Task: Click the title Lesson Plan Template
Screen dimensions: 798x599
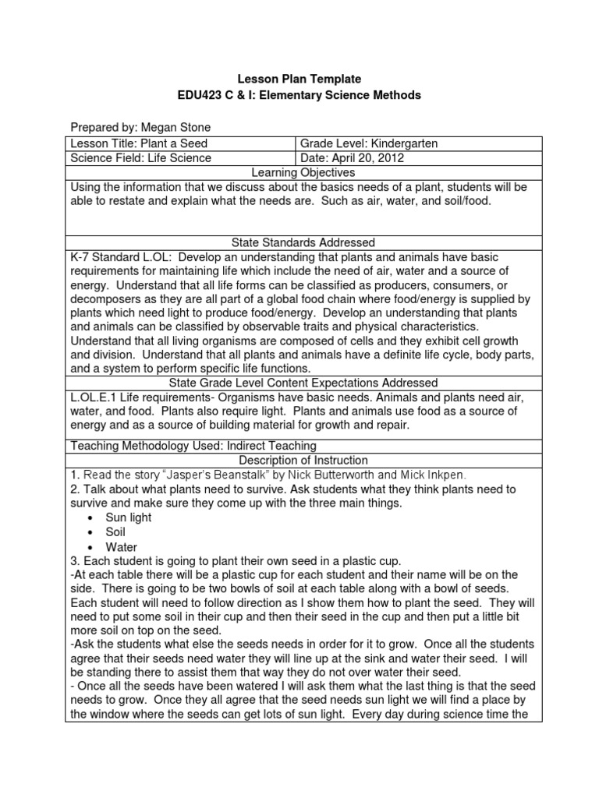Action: click(x=299, y=79)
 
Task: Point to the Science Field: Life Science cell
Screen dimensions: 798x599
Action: click(x=141, y=158)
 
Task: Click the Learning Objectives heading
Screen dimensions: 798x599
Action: click(x=299, y=172)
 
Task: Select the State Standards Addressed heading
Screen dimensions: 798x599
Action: click(x=299, y=243)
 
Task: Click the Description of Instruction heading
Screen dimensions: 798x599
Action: click(x=299, y=461)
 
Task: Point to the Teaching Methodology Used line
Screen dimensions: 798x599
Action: click(x=193, y=446)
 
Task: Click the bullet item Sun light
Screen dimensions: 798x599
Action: click(x=129, y=517)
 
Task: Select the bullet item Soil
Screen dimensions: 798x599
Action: click(x=115, y=532)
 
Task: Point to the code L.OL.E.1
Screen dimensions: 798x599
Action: click(x=96, y=397)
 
